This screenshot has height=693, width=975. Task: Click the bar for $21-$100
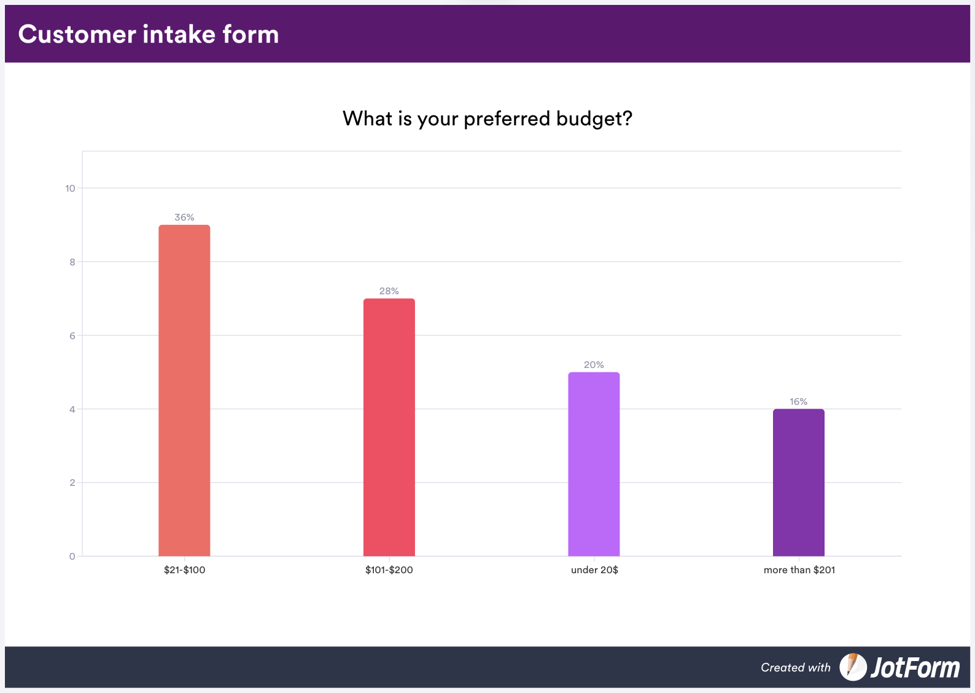click(184, 391)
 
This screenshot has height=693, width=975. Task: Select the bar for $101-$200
click(389, 428)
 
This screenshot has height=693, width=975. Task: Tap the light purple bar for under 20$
click(594, 464)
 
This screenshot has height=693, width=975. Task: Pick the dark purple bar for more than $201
click(798, 483)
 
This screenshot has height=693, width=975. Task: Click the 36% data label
click(184, 217)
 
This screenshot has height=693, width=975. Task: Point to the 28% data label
click(389, 291)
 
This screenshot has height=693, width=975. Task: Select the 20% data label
click(594, 365)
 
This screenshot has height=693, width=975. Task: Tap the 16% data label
click(798, 402)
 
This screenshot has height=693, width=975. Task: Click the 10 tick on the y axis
click(70, 189)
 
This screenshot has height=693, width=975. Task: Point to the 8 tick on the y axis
click(72, 262)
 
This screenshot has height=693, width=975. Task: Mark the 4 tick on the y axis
click(72, 410)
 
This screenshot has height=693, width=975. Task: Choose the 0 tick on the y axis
click(72, 557)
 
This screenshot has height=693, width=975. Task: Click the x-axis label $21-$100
click(184, 570)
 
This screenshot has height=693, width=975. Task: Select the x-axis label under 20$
click(594, 570)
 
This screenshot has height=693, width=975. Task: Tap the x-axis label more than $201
click(799, 570)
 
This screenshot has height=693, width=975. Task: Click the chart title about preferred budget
click(487, 119)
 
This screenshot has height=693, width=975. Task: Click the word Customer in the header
click(77, 34)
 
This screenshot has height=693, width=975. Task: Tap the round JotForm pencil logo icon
click(853, 667)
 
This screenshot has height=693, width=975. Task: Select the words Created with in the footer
click(795, 668)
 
